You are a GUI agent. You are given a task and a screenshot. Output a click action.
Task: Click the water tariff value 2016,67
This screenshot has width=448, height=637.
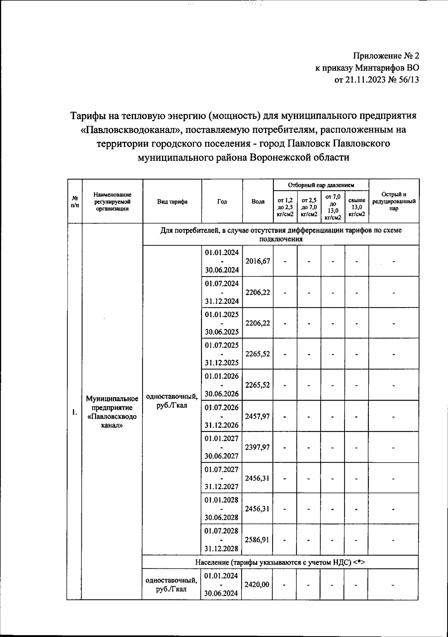point(258,261)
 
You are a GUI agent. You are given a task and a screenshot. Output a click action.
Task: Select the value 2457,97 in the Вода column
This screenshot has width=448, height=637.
point(258,416)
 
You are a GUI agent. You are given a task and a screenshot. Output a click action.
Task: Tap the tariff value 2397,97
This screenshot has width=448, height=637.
point(258,447)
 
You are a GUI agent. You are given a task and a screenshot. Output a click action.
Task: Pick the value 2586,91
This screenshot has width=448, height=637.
point(258,540)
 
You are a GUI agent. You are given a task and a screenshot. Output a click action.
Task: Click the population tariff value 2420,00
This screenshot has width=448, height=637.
point(257,584)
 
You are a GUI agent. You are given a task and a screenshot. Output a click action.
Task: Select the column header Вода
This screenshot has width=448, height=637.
point(258,202)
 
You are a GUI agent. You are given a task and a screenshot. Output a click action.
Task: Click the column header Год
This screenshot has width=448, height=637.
point(222,202)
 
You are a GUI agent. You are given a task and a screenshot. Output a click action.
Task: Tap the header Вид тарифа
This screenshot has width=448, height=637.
point(172,202)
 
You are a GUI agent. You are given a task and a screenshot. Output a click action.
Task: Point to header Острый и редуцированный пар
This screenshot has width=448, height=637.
point(394,202)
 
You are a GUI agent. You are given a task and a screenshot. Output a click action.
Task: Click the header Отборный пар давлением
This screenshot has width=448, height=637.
point(321,185)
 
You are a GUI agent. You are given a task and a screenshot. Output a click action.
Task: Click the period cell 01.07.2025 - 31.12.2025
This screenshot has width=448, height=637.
point(222,354)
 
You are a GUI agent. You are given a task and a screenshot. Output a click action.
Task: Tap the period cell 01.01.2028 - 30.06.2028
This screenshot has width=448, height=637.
point(222,509)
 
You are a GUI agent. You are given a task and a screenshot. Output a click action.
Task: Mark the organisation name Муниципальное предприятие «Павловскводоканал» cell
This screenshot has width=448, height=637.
point(112,412)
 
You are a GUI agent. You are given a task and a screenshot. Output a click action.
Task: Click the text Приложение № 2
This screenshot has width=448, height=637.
point(386,56)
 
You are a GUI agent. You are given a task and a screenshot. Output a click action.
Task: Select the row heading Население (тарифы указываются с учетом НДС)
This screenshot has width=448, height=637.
point(280,562)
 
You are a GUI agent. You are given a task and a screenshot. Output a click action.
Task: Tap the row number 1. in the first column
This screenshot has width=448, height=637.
point(75,412)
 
